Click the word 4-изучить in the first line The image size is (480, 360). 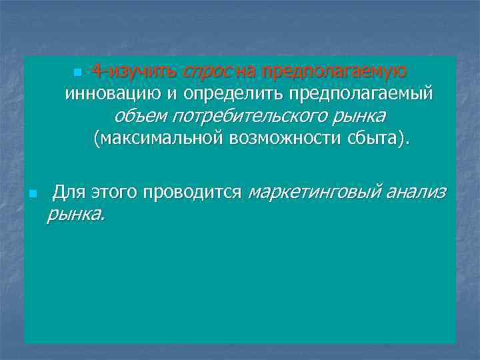click(134, 71)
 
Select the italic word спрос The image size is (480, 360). click(207, 71)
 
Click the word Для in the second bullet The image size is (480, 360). click(67, 193)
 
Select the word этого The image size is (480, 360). click(111, 193)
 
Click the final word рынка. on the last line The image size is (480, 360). click(75, 215)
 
